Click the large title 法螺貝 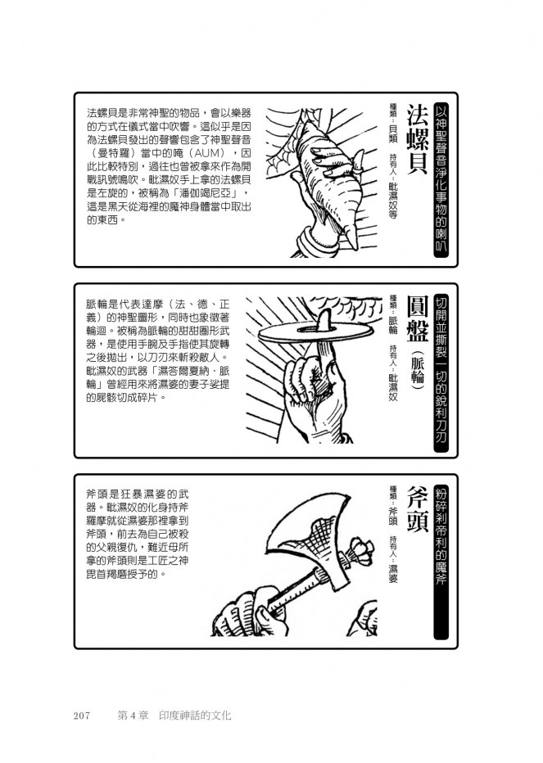(418, 139)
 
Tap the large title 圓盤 (418, 319)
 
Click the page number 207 (82, 716)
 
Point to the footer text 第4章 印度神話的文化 (174, 716)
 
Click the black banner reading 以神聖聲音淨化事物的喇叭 (441, 179)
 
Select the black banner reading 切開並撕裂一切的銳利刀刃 (441, 370)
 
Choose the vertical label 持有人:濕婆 (393, 560)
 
